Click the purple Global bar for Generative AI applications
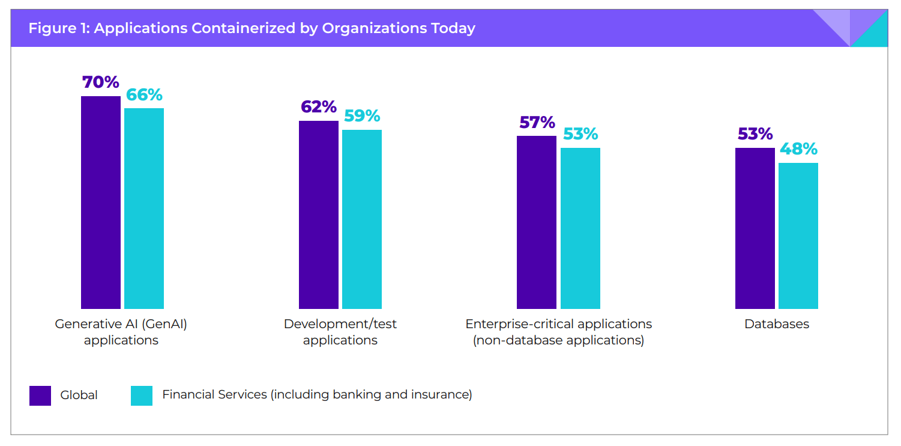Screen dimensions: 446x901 tap(100, 203)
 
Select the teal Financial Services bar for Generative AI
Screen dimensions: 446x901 tap(144, 209)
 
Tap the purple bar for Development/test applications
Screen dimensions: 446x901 tap(318, 215)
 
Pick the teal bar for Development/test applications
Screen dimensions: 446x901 tap(362, 219)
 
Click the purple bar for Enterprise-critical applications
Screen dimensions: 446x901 tap(537, 222)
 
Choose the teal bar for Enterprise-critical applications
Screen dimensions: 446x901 tap(580, 228)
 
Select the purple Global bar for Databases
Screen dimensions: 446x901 tap(755, 228)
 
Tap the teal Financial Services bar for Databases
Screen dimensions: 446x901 tap(798, 236)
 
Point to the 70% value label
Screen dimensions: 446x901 tap(100, 82)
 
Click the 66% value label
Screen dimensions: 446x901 tap(144, 95)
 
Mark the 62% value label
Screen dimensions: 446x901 tap(318, 107)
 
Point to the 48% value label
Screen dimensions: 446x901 tap(798, 149)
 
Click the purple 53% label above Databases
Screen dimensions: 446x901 tap(755, 134)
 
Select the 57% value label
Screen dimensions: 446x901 tap(537, 123)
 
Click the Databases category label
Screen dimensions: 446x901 tap(776, 324)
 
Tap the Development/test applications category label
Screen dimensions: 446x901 tap(340, 332)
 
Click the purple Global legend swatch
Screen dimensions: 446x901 tap(40, 396)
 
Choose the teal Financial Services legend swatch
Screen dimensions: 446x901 tap(142, 396)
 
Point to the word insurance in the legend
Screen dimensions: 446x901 tap(441, 395)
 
